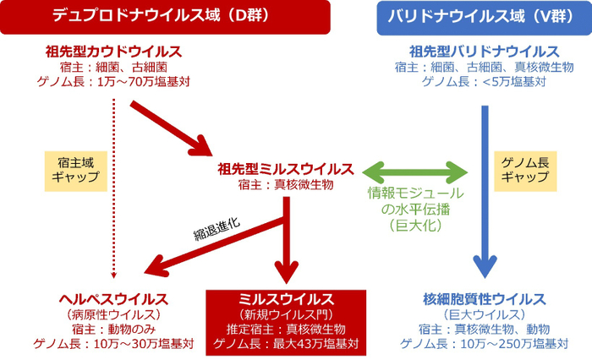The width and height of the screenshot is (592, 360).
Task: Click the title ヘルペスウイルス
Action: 113,299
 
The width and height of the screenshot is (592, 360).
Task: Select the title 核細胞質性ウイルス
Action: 483,299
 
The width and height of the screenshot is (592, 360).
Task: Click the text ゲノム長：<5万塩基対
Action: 483,82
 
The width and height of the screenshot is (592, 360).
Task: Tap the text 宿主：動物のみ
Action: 113,329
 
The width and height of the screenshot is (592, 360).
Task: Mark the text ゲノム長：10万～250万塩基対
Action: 483,344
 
